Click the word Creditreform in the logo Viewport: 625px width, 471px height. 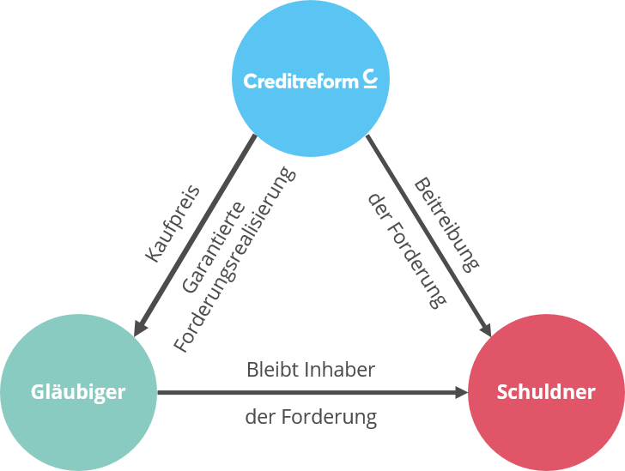pos(300,82)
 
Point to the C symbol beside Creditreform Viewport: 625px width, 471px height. pos(369,79)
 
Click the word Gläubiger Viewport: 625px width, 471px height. pos(78,392)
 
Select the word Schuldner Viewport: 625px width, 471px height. pos(546,392)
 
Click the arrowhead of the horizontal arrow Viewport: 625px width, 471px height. pos(462,393)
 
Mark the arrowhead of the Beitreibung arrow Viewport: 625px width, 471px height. pos(484,329)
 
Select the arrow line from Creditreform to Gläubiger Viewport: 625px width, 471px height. pos(197,230)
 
